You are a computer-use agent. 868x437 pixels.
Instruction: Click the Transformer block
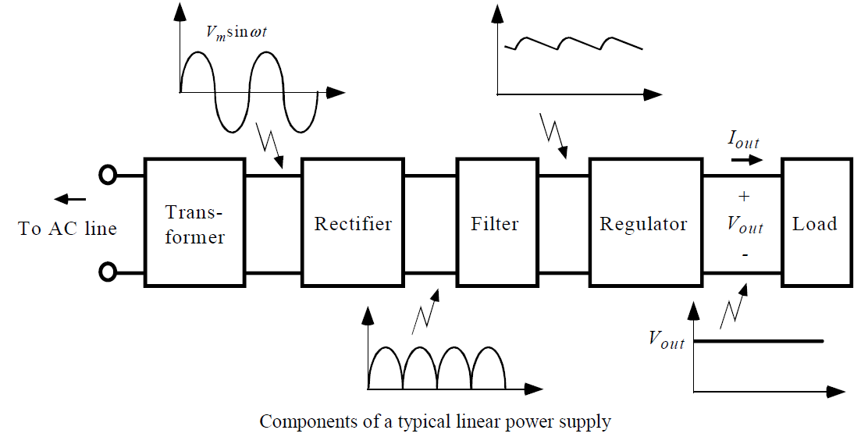point(195,224)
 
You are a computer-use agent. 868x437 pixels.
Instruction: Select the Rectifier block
point(353,224)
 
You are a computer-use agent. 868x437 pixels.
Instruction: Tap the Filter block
point(495,224)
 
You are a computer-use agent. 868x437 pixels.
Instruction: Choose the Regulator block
point(644,224)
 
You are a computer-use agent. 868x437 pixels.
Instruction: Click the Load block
point(815,224)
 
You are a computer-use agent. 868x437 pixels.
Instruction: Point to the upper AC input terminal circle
point(108,176)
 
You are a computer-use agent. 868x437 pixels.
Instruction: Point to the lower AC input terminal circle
point(108,273)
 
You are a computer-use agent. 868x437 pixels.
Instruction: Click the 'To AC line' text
point(68,229)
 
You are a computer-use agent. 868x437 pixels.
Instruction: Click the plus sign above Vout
point(743,196)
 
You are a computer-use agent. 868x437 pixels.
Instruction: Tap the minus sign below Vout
point(743,254)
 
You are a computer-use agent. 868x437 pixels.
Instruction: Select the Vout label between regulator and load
point(745,225)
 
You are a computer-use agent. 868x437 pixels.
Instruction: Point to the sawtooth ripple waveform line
point(575,42)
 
